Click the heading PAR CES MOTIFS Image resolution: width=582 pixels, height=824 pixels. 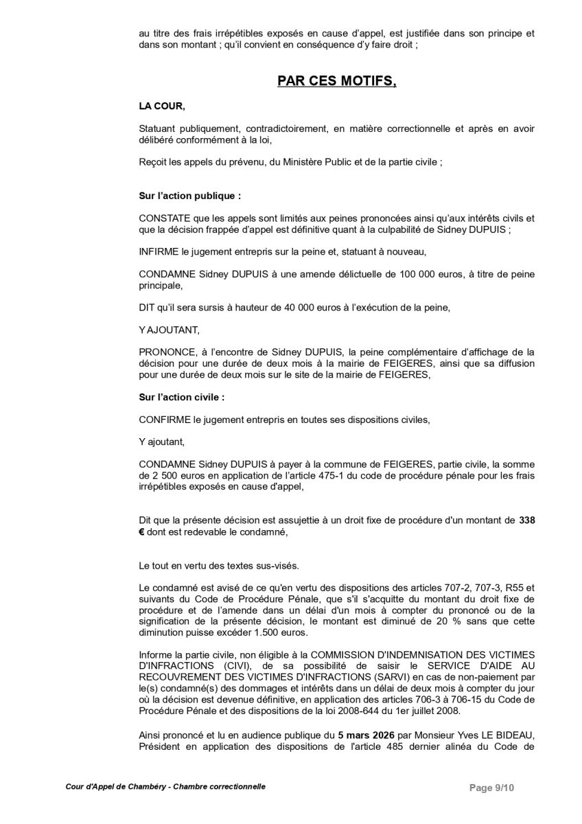click(x=337, y=81)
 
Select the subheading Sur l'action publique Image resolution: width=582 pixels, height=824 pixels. click(x=189, y=196)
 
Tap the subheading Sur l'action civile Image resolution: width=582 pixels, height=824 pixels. click(x=181, y=397)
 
